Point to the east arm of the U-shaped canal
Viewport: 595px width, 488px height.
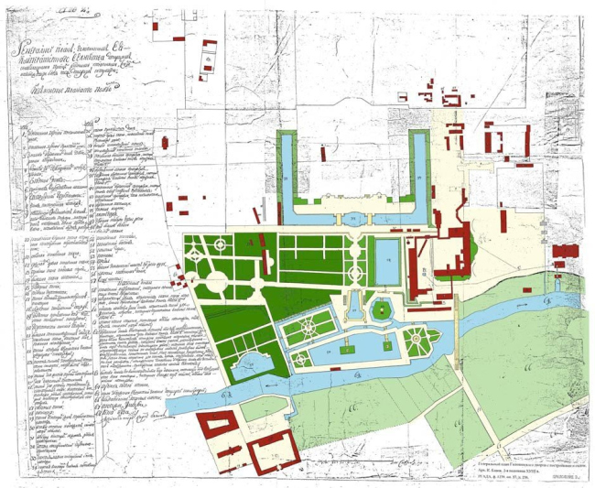coord(419,174)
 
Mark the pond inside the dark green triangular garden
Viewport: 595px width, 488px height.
coord(248,366)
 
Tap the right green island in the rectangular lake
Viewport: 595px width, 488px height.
coord(387,345)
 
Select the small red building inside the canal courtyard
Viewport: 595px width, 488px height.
coord(322,154)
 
